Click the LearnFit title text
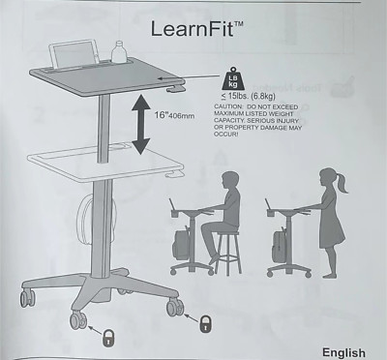[196, 28]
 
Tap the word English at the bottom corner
[343, 352]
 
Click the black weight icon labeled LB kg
[232, 81]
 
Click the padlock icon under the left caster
[108, 337]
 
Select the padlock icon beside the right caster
[205, 323]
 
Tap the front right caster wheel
[175, 307]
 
